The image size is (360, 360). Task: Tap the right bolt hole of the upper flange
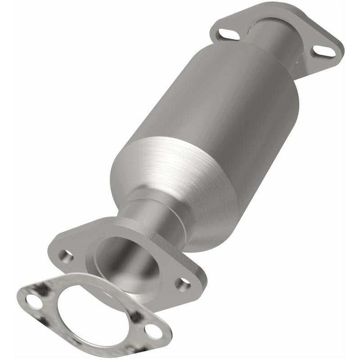point(325,51)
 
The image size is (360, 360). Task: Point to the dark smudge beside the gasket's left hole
point(43,288)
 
